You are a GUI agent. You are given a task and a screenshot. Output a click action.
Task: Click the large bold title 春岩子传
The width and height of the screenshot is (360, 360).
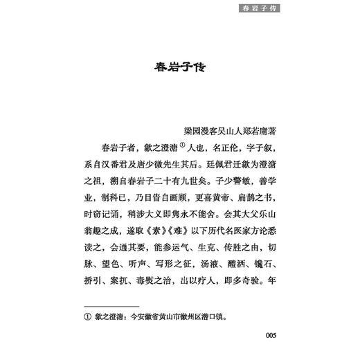(x=179, y=70)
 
